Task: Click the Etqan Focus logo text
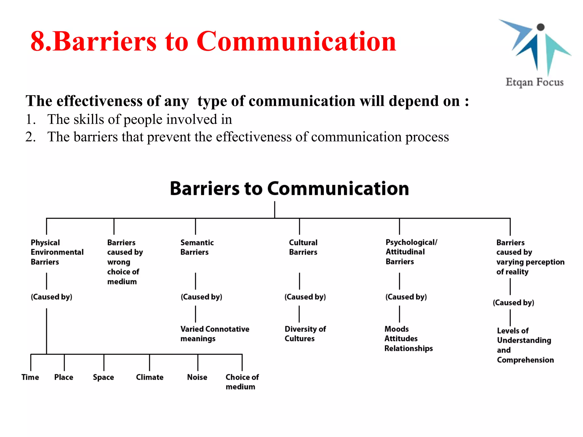(534, 82)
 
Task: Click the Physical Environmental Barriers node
(57, 252)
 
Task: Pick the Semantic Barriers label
(197, 247)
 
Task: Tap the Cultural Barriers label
(303, 247)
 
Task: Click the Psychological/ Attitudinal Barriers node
(411, 252)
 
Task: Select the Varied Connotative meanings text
(214, 334)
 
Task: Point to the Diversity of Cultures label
(305, 334)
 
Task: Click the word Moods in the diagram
(396, 329)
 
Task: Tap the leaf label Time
(30, 377)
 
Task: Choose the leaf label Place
(63, 377)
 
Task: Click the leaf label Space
(103, 377)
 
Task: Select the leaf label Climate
(149, 377)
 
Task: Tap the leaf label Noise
(197, 377)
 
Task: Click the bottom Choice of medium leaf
(242, 382)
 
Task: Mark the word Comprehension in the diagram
(525, 360)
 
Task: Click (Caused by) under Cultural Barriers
(305, 297)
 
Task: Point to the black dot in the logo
(540, 27)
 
